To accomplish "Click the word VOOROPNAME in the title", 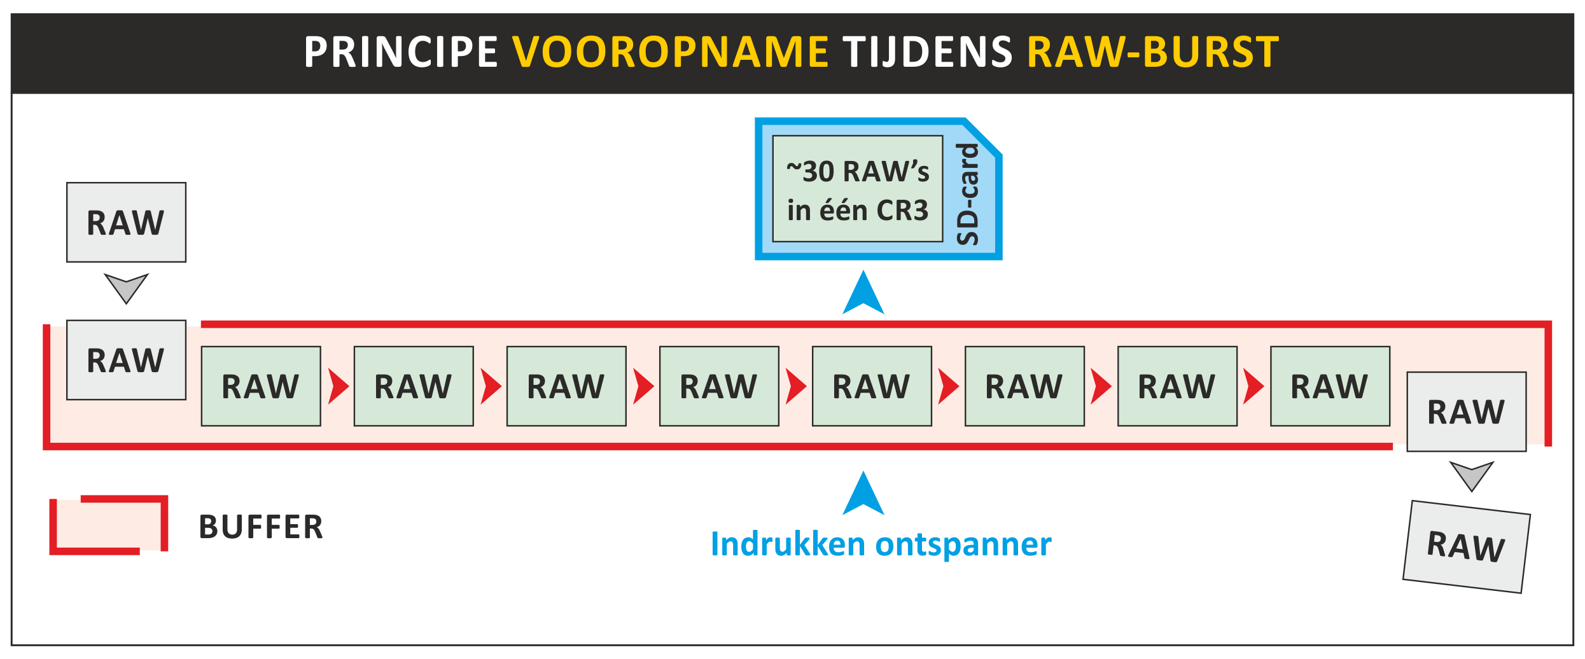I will tap(670, 52).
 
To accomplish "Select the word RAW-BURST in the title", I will tap(1153, 52).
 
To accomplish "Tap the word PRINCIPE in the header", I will tap(401, 52).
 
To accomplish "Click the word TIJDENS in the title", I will tap(927, 52).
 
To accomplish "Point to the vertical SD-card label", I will tap(968, 194).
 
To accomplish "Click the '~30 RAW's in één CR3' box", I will tap(857, 189).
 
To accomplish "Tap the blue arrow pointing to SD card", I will tap(863, 294).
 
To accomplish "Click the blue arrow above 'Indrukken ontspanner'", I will tap(863, 494).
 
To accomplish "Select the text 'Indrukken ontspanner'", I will tap(881, 545).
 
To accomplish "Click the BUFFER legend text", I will tap(261, 527).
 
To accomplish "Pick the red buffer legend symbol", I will tap(109, 525).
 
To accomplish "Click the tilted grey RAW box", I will tap(1466, 547).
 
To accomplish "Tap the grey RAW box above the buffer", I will tap(126, 223).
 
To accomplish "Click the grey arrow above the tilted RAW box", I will tap(1471, 475).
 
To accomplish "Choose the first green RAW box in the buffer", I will tap(261, 386).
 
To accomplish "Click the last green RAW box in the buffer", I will tap(1330, 386).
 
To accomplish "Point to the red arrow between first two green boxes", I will tap(338, 386).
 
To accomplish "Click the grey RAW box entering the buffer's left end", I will tap(126, 360).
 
